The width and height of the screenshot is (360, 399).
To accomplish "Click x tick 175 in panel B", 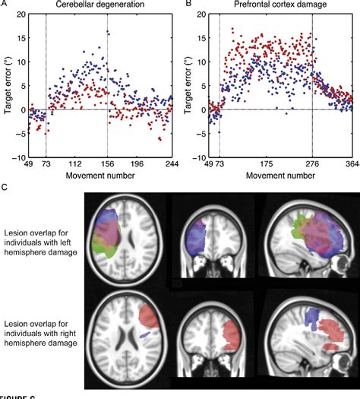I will click(266, 163).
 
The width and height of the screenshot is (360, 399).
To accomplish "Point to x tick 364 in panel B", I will click(350, 163).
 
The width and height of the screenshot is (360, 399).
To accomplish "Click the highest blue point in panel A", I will click(108, 32).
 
